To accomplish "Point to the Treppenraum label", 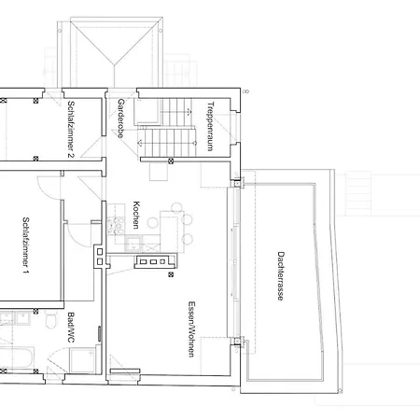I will pyautogui.click(x=211, y=125).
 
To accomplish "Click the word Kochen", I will pyautogui.click(x=136, y=217).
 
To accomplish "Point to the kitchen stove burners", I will pyautogui.click(x=116, y=225).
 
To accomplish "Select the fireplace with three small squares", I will pyautogui.click(x=155, y=261).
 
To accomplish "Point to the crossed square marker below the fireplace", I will pyautogui.click(x=170, y=276).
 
